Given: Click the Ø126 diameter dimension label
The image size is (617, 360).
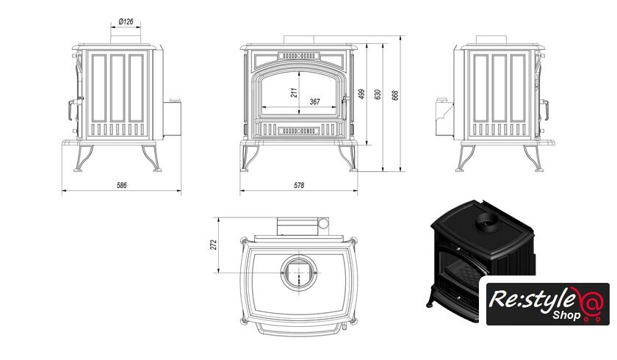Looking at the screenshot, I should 125,22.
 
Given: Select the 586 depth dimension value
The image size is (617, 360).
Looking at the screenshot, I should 122,185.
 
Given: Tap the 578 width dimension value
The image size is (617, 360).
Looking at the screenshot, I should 299,185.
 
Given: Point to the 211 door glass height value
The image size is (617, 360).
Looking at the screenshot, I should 293,93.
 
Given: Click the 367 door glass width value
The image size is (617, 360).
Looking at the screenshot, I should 314,101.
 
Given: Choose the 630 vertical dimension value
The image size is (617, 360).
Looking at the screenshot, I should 378,95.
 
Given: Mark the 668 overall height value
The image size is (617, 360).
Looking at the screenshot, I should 394,95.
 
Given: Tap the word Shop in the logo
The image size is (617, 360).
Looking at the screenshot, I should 548,316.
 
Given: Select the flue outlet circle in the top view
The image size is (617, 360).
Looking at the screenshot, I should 299,273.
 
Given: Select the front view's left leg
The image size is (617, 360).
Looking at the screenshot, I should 248,156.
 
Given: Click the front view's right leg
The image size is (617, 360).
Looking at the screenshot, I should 349,156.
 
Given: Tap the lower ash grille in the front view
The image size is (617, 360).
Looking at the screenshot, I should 299,130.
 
